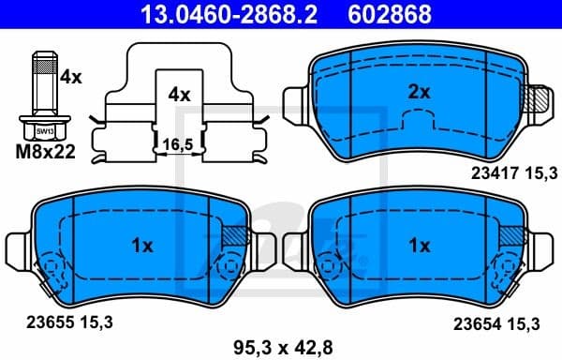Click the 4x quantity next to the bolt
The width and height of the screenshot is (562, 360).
click(x=70, y=79)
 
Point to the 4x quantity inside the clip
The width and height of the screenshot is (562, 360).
click(x=179, y=95)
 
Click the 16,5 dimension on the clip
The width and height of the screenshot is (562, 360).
click(x=179, y=144)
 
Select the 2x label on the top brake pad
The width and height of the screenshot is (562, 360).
click(x=419, y=92)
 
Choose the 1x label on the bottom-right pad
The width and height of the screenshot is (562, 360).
click(x=420, y=246)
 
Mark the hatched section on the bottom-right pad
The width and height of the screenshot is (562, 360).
click(x=511, y=236)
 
